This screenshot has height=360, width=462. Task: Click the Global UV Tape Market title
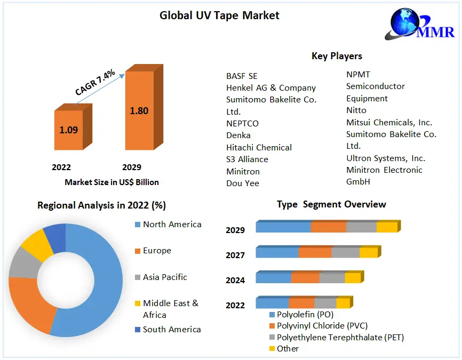219,15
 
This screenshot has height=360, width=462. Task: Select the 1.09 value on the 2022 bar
68,130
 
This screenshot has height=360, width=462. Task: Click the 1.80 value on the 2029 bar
139,111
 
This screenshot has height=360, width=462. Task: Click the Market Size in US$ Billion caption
111,182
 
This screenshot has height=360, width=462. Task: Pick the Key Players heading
337,56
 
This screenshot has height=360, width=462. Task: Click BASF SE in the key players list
242,76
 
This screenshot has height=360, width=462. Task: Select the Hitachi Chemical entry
259,147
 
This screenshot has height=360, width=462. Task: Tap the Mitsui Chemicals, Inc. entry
389,122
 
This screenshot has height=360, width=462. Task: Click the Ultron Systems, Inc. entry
385,158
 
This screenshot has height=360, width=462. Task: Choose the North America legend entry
172,225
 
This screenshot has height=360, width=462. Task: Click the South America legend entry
172,330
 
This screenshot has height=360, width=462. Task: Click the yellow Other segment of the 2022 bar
342,303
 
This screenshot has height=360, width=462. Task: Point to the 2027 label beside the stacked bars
235,255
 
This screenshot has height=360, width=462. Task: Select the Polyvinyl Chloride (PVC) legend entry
321,325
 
